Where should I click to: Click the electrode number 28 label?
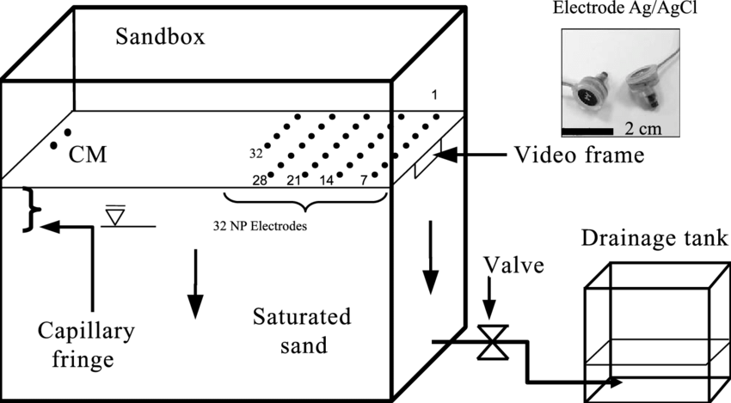pyautogui.click(x=260, y=180)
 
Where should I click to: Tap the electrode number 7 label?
pyautogui.click(x=364, y=180)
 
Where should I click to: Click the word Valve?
pyautogui.click(x=514, y=265)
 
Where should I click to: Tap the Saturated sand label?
pyautogui.click(x=302, y=332)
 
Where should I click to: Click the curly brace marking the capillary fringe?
pyautogui.click(x=31, y=209)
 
